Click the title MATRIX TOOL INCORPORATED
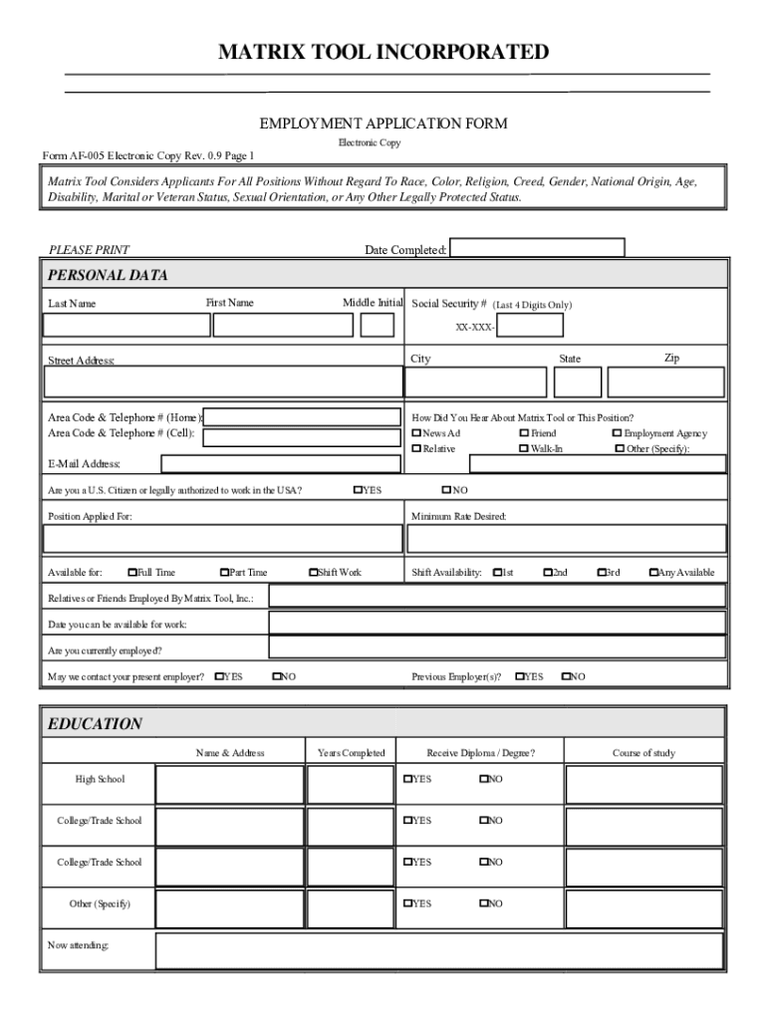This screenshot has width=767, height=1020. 383,52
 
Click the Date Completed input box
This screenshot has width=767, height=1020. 537,248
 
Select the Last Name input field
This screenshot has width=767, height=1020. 127,326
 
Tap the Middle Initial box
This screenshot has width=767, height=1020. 377,326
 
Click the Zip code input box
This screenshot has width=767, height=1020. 666,382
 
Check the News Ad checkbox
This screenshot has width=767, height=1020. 416,433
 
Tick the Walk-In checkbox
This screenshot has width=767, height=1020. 524,449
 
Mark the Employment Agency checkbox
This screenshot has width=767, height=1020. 618,433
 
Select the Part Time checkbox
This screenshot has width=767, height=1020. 224,573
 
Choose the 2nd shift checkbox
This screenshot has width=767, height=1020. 547,573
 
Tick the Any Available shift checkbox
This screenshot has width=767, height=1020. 653,573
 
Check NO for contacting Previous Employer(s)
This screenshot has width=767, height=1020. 566,677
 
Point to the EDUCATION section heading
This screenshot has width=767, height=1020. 96,724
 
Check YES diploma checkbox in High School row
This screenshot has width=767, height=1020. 407,779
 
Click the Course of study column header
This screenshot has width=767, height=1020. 643,753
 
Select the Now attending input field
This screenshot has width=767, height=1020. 439,950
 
